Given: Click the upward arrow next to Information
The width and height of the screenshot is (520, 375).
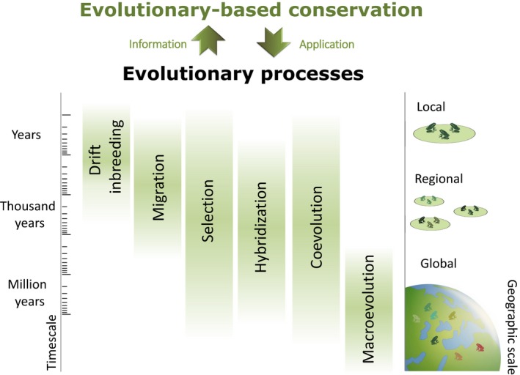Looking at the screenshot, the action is (208, 40).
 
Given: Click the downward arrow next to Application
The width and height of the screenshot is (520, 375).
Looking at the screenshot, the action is (274, 42).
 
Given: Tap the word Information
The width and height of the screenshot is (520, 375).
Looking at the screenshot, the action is (158, 44).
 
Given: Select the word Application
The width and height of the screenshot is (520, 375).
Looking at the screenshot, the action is (326, 45).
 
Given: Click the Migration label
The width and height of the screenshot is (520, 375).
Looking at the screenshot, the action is (158, 187).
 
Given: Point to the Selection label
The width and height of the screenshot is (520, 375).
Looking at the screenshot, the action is (208, 211).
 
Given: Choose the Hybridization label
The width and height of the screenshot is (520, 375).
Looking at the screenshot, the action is (260, 227).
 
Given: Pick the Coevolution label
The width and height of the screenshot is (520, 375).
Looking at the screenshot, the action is (316, 227).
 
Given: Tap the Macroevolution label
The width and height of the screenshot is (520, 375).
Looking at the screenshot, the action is (368, 309).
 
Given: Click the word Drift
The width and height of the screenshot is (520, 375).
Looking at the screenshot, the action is (95, 160).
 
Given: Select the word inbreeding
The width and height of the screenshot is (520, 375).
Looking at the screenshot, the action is (117, 156).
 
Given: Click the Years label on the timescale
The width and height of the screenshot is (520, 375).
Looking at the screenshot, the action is (26, 135).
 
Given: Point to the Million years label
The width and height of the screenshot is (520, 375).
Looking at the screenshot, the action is (28, 293).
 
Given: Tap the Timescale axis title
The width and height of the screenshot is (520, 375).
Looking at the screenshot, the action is (51, 343).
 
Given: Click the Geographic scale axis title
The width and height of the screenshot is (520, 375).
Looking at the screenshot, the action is (512, 327).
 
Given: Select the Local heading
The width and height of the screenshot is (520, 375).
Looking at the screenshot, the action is (431, 107).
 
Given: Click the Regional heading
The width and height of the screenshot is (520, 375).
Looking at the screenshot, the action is (439, 179).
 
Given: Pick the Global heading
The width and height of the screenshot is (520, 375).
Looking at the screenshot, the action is (439, 264).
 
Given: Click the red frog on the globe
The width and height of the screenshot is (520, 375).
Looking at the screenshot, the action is (480, 347).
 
